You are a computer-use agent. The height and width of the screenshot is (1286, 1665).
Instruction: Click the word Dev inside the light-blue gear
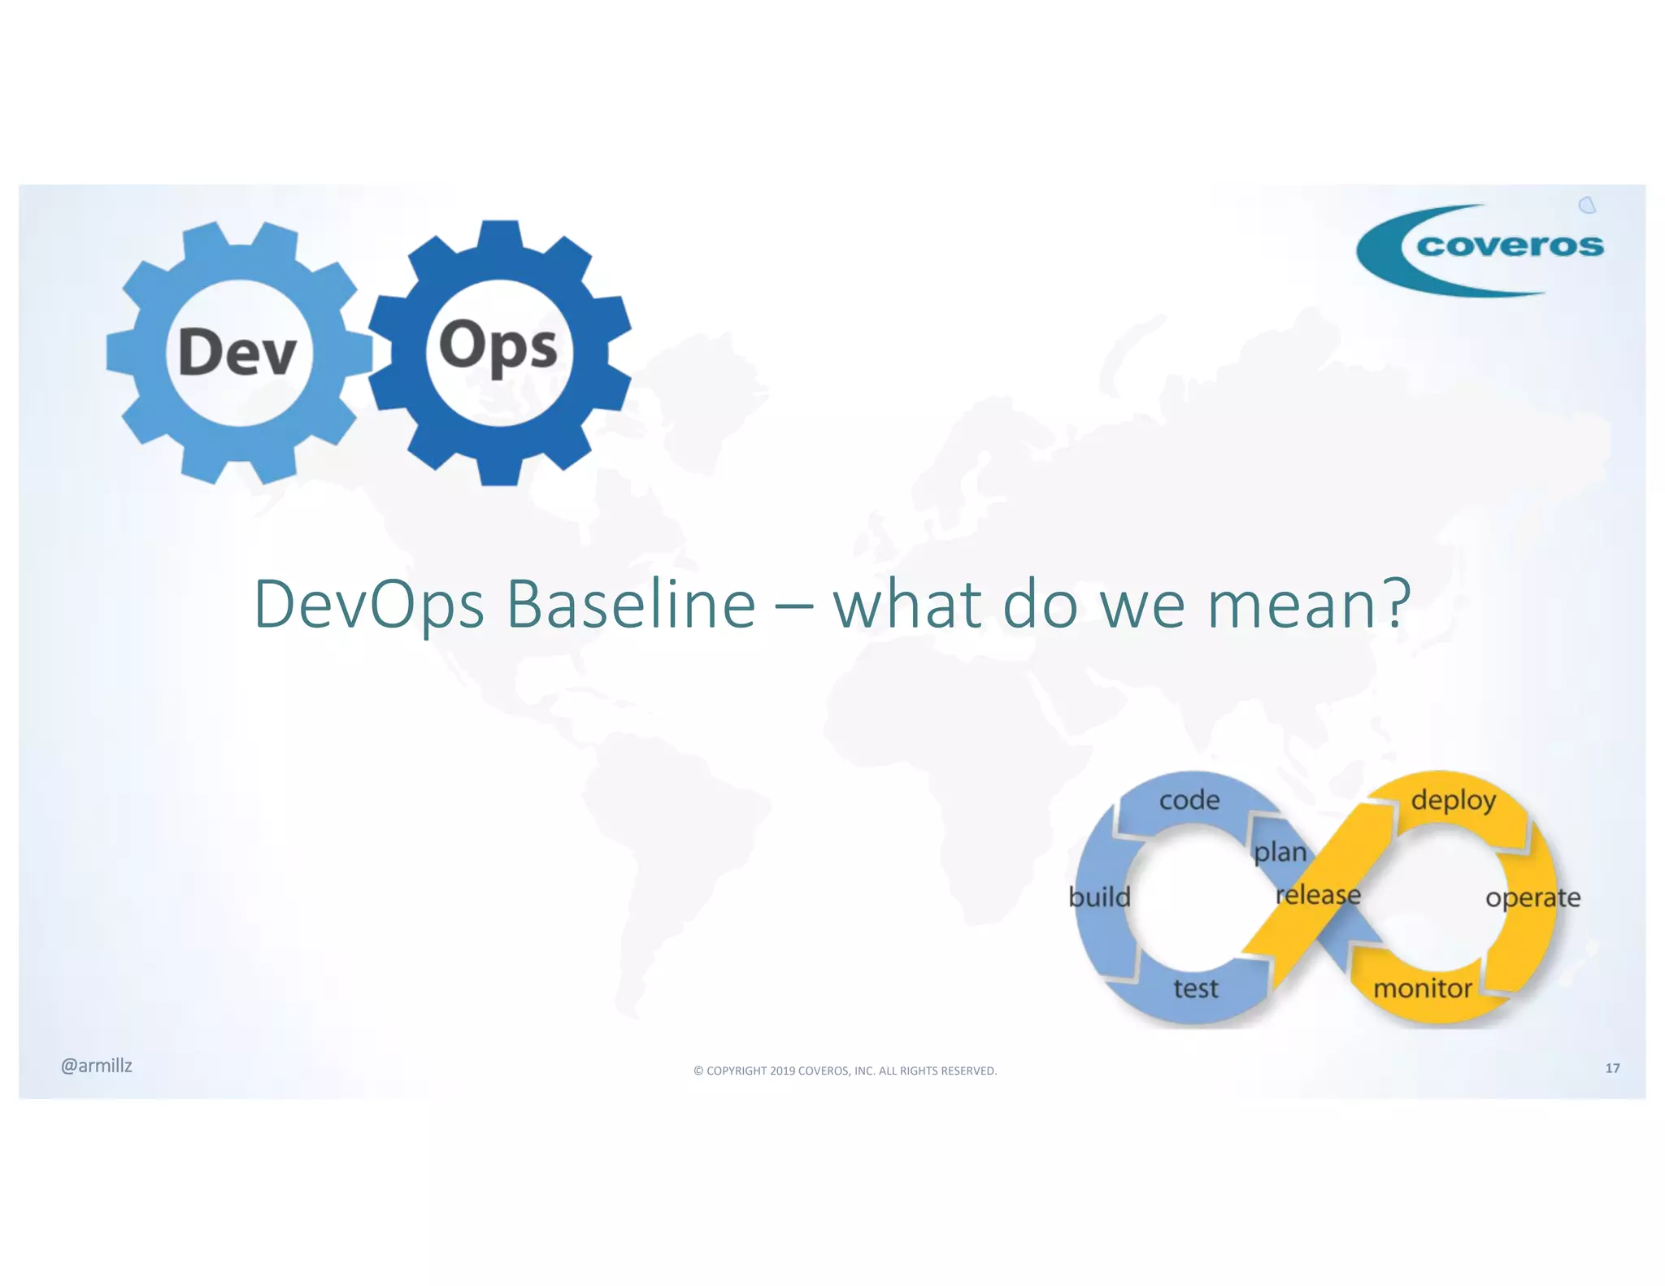[x=237, y=351]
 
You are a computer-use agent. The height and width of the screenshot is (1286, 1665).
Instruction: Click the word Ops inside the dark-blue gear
[x=498, y=347]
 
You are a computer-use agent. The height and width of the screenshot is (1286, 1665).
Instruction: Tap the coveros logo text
[x=1510, y=245]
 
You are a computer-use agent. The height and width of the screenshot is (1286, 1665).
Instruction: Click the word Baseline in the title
[x=631, y=604]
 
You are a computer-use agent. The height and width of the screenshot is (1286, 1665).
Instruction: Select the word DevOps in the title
[x=369, y=606]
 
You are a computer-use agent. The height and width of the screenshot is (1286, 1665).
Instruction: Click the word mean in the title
[x=1292, y=606]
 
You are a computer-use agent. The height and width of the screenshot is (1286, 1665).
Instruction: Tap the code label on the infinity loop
[x=1189, y=800]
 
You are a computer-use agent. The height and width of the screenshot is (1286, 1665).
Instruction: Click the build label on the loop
[x=1099, y=897]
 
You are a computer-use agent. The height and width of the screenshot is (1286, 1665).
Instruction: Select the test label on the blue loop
[x=1195, y=988]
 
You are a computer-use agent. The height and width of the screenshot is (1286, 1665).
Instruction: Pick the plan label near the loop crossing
[x=1280, y=852]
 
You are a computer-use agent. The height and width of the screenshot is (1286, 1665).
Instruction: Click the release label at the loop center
[x=1317, y=895]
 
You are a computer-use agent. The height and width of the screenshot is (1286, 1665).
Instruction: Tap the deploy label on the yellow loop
[x=1453, y=800]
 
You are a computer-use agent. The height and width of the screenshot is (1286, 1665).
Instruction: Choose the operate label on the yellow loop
[x=1532, y=897]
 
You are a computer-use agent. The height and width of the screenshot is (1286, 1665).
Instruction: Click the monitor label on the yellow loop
[x=1422, y=988]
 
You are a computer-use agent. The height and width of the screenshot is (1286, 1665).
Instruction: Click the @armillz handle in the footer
[x=96, y=1066]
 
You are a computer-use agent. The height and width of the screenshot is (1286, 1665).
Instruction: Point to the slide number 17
[x=1612, y=1068]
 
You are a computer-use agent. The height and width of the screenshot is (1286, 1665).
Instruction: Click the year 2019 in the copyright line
[x=782, y=1071]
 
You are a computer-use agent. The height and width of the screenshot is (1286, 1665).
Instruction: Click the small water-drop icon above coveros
[x=1587, y=205]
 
